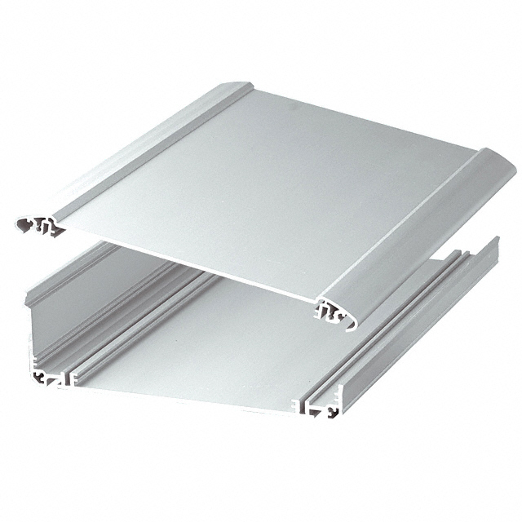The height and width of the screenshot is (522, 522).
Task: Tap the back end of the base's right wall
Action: (x=493, y=245)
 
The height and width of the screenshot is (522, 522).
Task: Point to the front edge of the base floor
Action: (x=179, y=396)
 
